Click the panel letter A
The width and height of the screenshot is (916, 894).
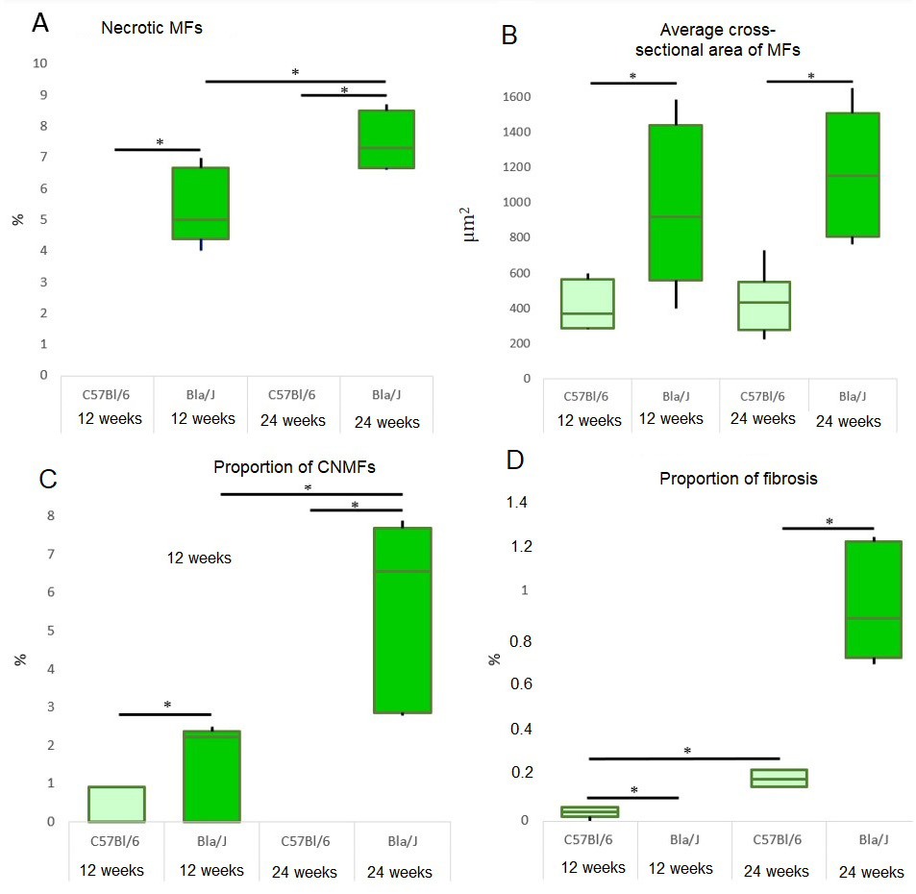pyautogui.click(x=40, y=24)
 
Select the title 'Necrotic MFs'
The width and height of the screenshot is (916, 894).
pyautogui.click(x=152, y=29)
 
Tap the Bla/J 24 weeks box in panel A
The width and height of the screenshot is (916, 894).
pyautogui.click(x=385, y=139)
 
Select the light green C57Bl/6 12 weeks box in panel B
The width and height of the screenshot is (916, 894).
pyautogui.click(x=587, y=304)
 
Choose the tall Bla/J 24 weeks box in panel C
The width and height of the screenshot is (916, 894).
pyautogui.click(x=402, y=620)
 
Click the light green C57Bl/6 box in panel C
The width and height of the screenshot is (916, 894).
pyautogui.click(x=116, y=804)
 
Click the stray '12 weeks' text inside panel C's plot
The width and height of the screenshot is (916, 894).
pyautogui.click(x=199, y=558)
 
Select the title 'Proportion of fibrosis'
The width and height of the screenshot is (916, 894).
pyautogui.click(x=738, y=479)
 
